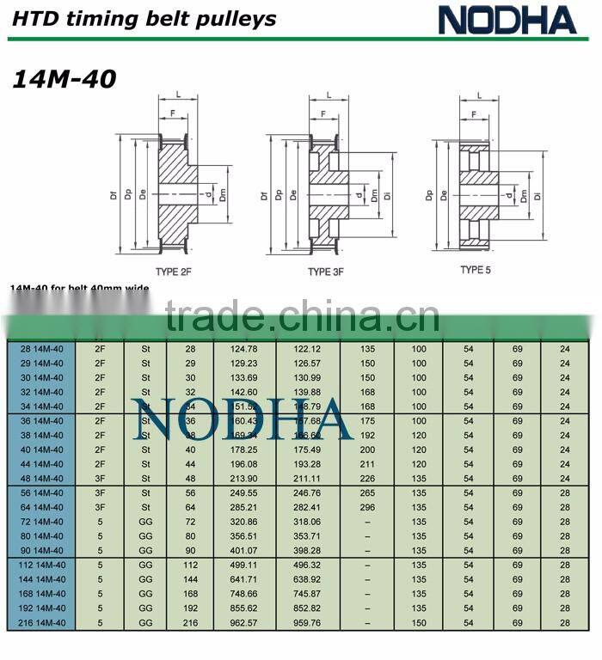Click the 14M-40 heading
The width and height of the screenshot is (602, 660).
coord(64,79)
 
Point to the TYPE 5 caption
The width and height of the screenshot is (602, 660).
coord(475,270)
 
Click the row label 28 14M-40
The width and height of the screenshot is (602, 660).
coord(41,348)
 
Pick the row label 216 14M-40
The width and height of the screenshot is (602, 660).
coord(41,622)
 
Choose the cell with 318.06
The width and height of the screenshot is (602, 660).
coord(307,522)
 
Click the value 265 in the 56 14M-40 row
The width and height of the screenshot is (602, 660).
coord(367,493)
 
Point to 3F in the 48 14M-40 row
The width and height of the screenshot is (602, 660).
coord(100,479)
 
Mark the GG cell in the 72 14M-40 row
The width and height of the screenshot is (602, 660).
coord(145,522)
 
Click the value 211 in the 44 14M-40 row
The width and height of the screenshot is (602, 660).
coord(367,464)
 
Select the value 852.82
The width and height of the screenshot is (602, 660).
coord(307,608)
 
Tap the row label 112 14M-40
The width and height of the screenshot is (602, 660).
coord(41,565)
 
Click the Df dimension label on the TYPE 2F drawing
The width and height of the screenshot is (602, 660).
coord(114,196)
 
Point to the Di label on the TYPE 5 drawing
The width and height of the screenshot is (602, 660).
coord(536,196)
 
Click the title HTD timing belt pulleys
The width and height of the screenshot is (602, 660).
coord(144,18)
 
